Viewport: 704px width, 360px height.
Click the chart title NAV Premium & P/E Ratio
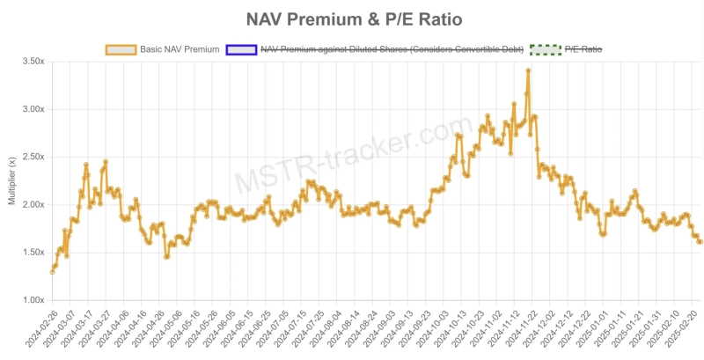pos(352,18)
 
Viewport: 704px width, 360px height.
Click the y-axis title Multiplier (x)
pos(11,181)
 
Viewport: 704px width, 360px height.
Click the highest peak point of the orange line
pos(528,70)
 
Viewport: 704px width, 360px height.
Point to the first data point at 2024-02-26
pos(53,271)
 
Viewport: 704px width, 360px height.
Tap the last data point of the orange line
pos(700,241)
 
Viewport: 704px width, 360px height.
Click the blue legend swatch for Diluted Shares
pos(241,49)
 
